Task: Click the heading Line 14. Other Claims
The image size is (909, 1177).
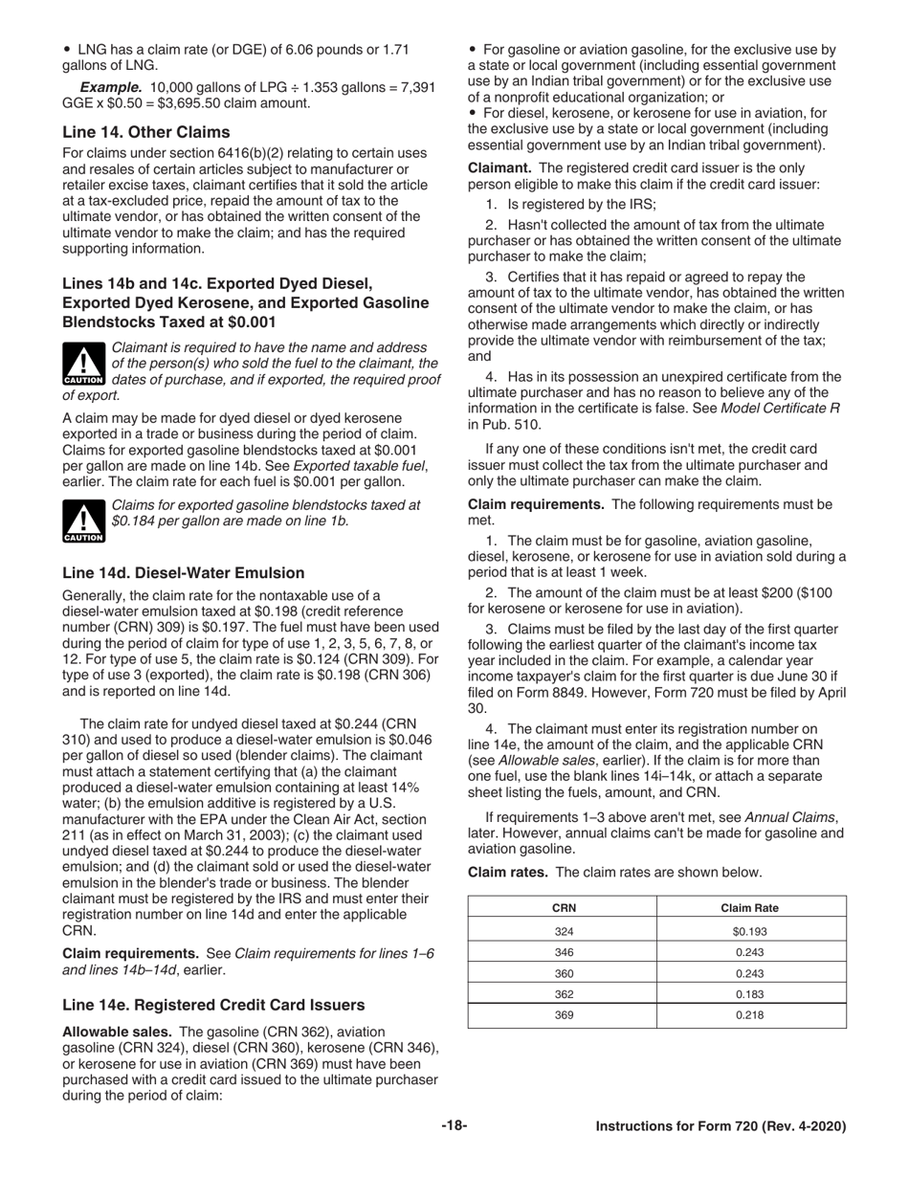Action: point(145,131)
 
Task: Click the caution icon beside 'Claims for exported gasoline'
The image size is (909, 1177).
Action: point(83,522)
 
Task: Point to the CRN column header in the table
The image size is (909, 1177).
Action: point(564,907)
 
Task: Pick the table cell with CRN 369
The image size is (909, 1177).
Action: point(564,1015)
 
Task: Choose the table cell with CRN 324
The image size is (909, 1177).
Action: point(564,931)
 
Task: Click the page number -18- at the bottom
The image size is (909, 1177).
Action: point(454,1126)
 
